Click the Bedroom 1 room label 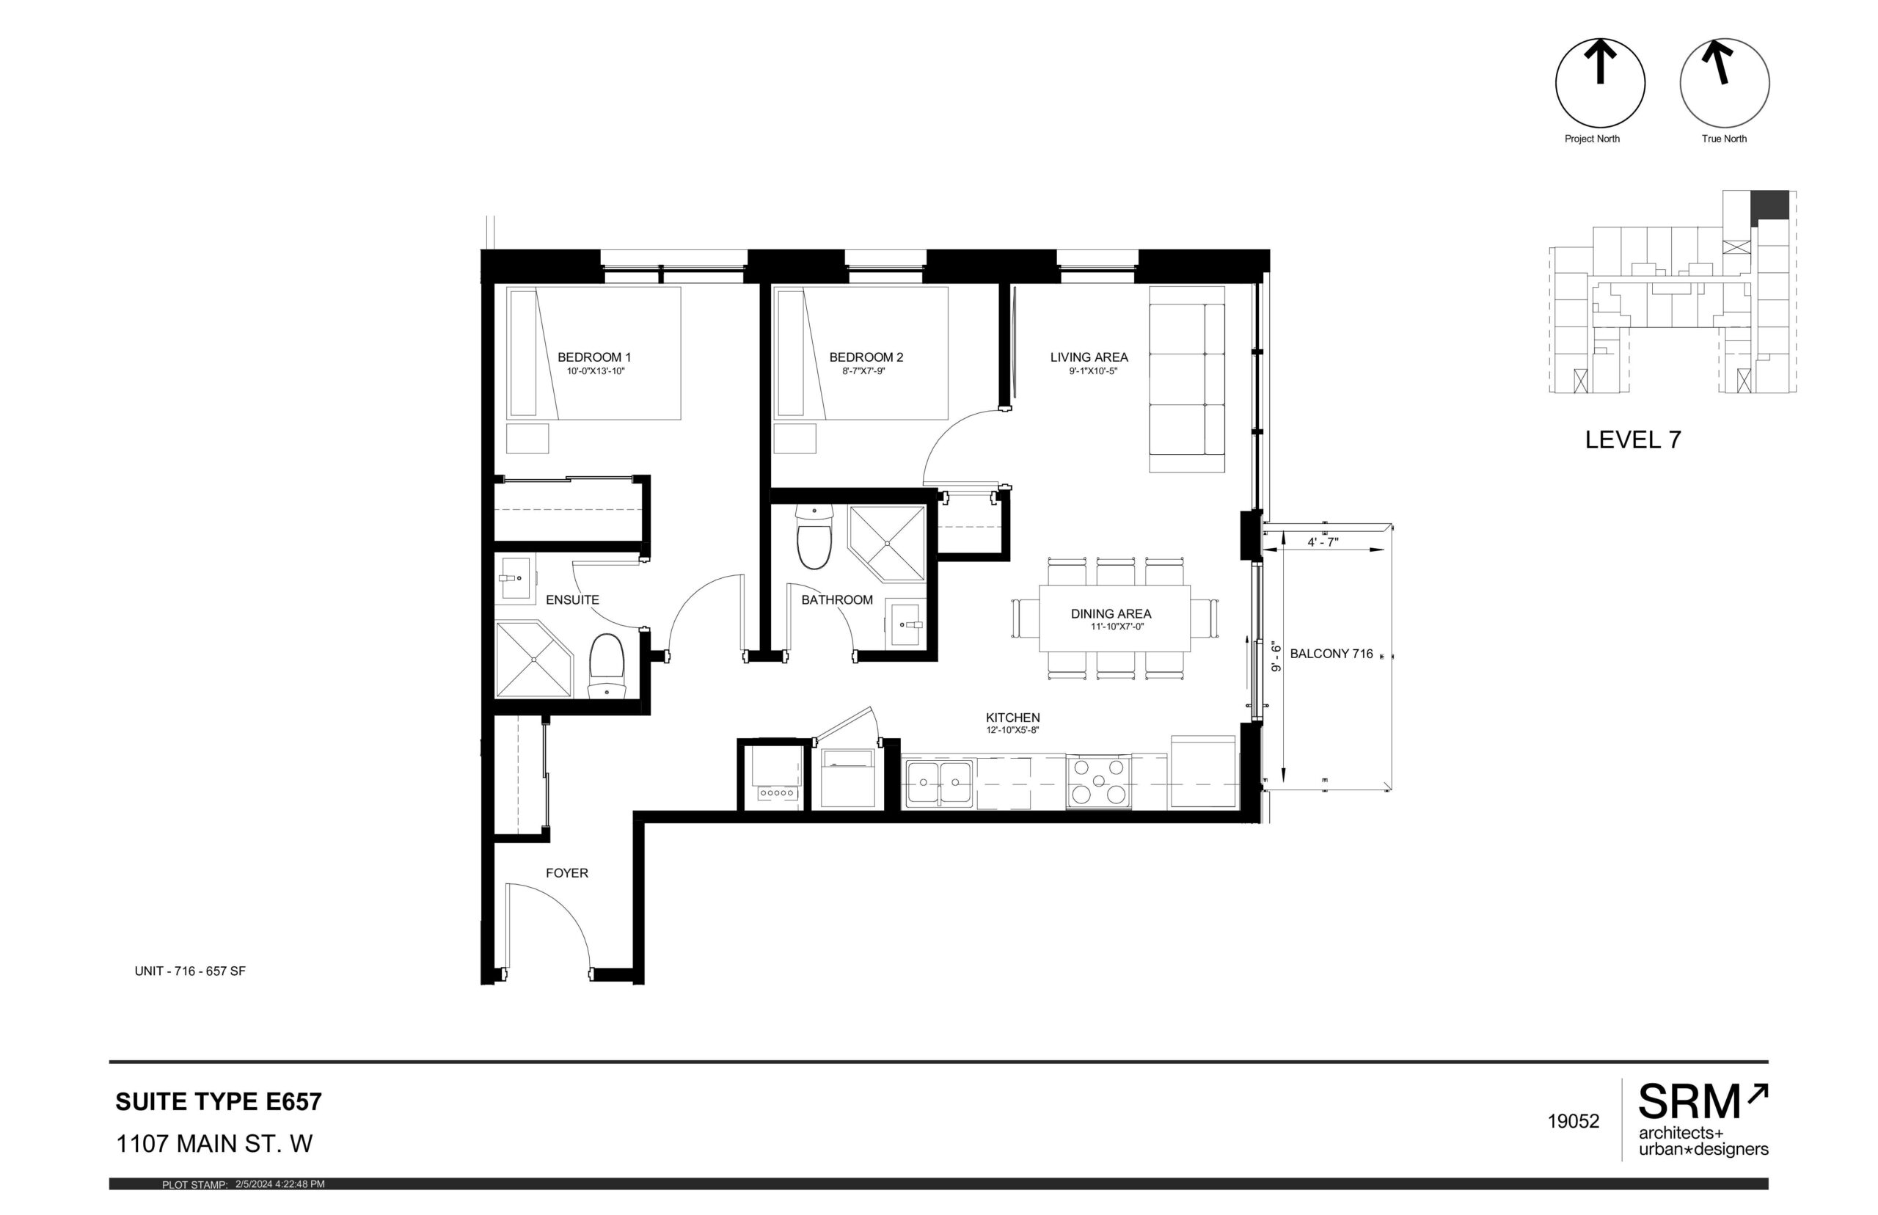[594, 357]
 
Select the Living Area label [1089, 357]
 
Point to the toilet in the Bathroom [814, 536]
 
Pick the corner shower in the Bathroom [887, 544]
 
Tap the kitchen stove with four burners [1098, 782]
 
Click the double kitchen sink [938, 784]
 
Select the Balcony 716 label [1331, 654]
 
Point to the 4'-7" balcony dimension [1322, 543]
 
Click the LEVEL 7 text [1633, 440]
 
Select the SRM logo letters [1689, 1102]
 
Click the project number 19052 [1573, 1122]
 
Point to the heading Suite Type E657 [219, 1102]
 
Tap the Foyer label [566, 873]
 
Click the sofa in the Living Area [1186, 379]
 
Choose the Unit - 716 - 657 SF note [190, 971]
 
